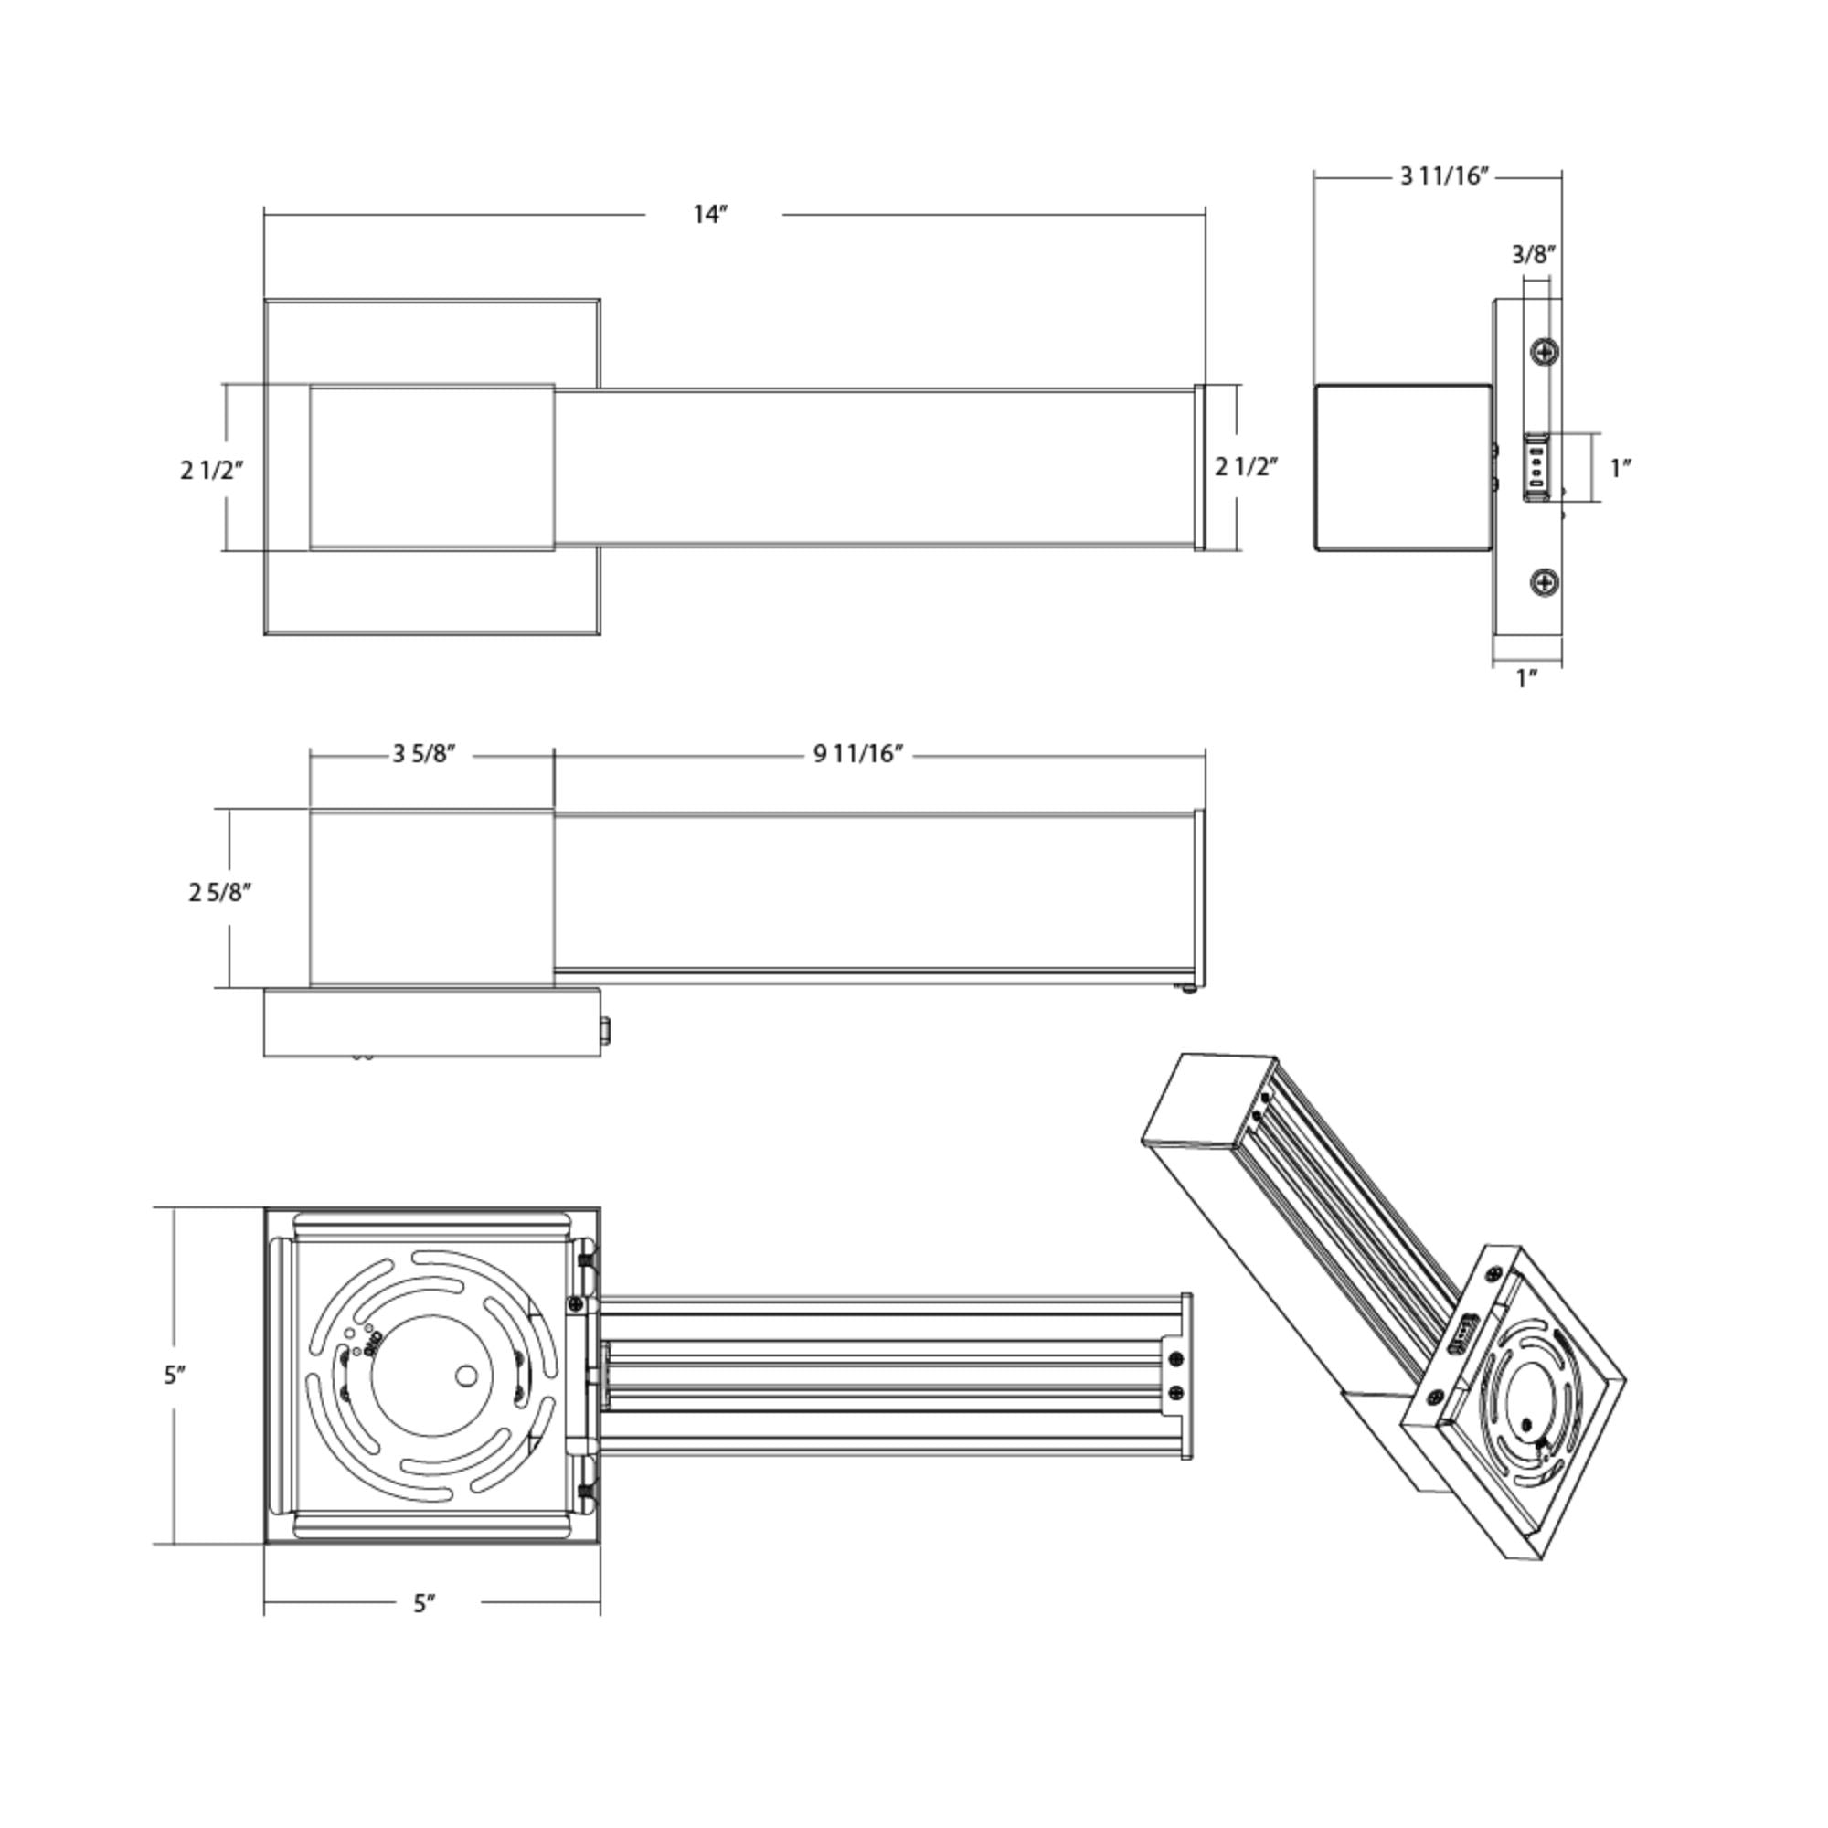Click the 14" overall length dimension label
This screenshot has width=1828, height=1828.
point(709,215)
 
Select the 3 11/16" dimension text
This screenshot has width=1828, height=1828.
point(1444,176)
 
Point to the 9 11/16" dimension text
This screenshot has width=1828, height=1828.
point(858,754)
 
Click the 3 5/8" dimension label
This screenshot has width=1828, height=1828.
point(425,754)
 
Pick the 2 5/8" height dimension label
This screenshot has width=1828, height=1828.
point(219,892)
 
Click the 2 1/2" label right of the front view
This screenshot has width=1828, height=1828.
point(1247,466)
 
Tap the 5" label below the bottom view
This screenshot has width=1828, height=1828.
point(425,1604)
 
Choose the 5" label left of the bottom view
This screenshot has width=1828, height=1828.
point(174,1375)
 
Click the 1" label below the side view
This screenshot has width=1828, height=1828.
point(1526,678)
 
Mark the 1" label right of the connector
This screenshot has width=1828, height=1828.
point(1621,467)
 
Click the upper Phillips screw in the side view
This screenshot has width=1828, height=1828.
point(1545,352)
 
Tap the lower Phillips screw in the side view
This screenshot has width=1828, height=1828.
point(1545,583)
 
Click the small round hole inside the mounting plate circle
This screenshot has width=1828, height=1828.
point(466,1375)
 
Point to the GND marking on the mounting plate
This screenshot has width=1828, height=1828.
point(373,1341)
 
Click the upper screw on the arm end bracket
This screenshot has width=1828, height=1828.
point(1176,1360)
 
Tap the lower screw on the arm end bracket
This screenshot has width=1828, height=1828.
point(1176,1392)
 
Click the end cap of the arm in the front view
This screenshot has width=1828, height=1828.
point(1200,467)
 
